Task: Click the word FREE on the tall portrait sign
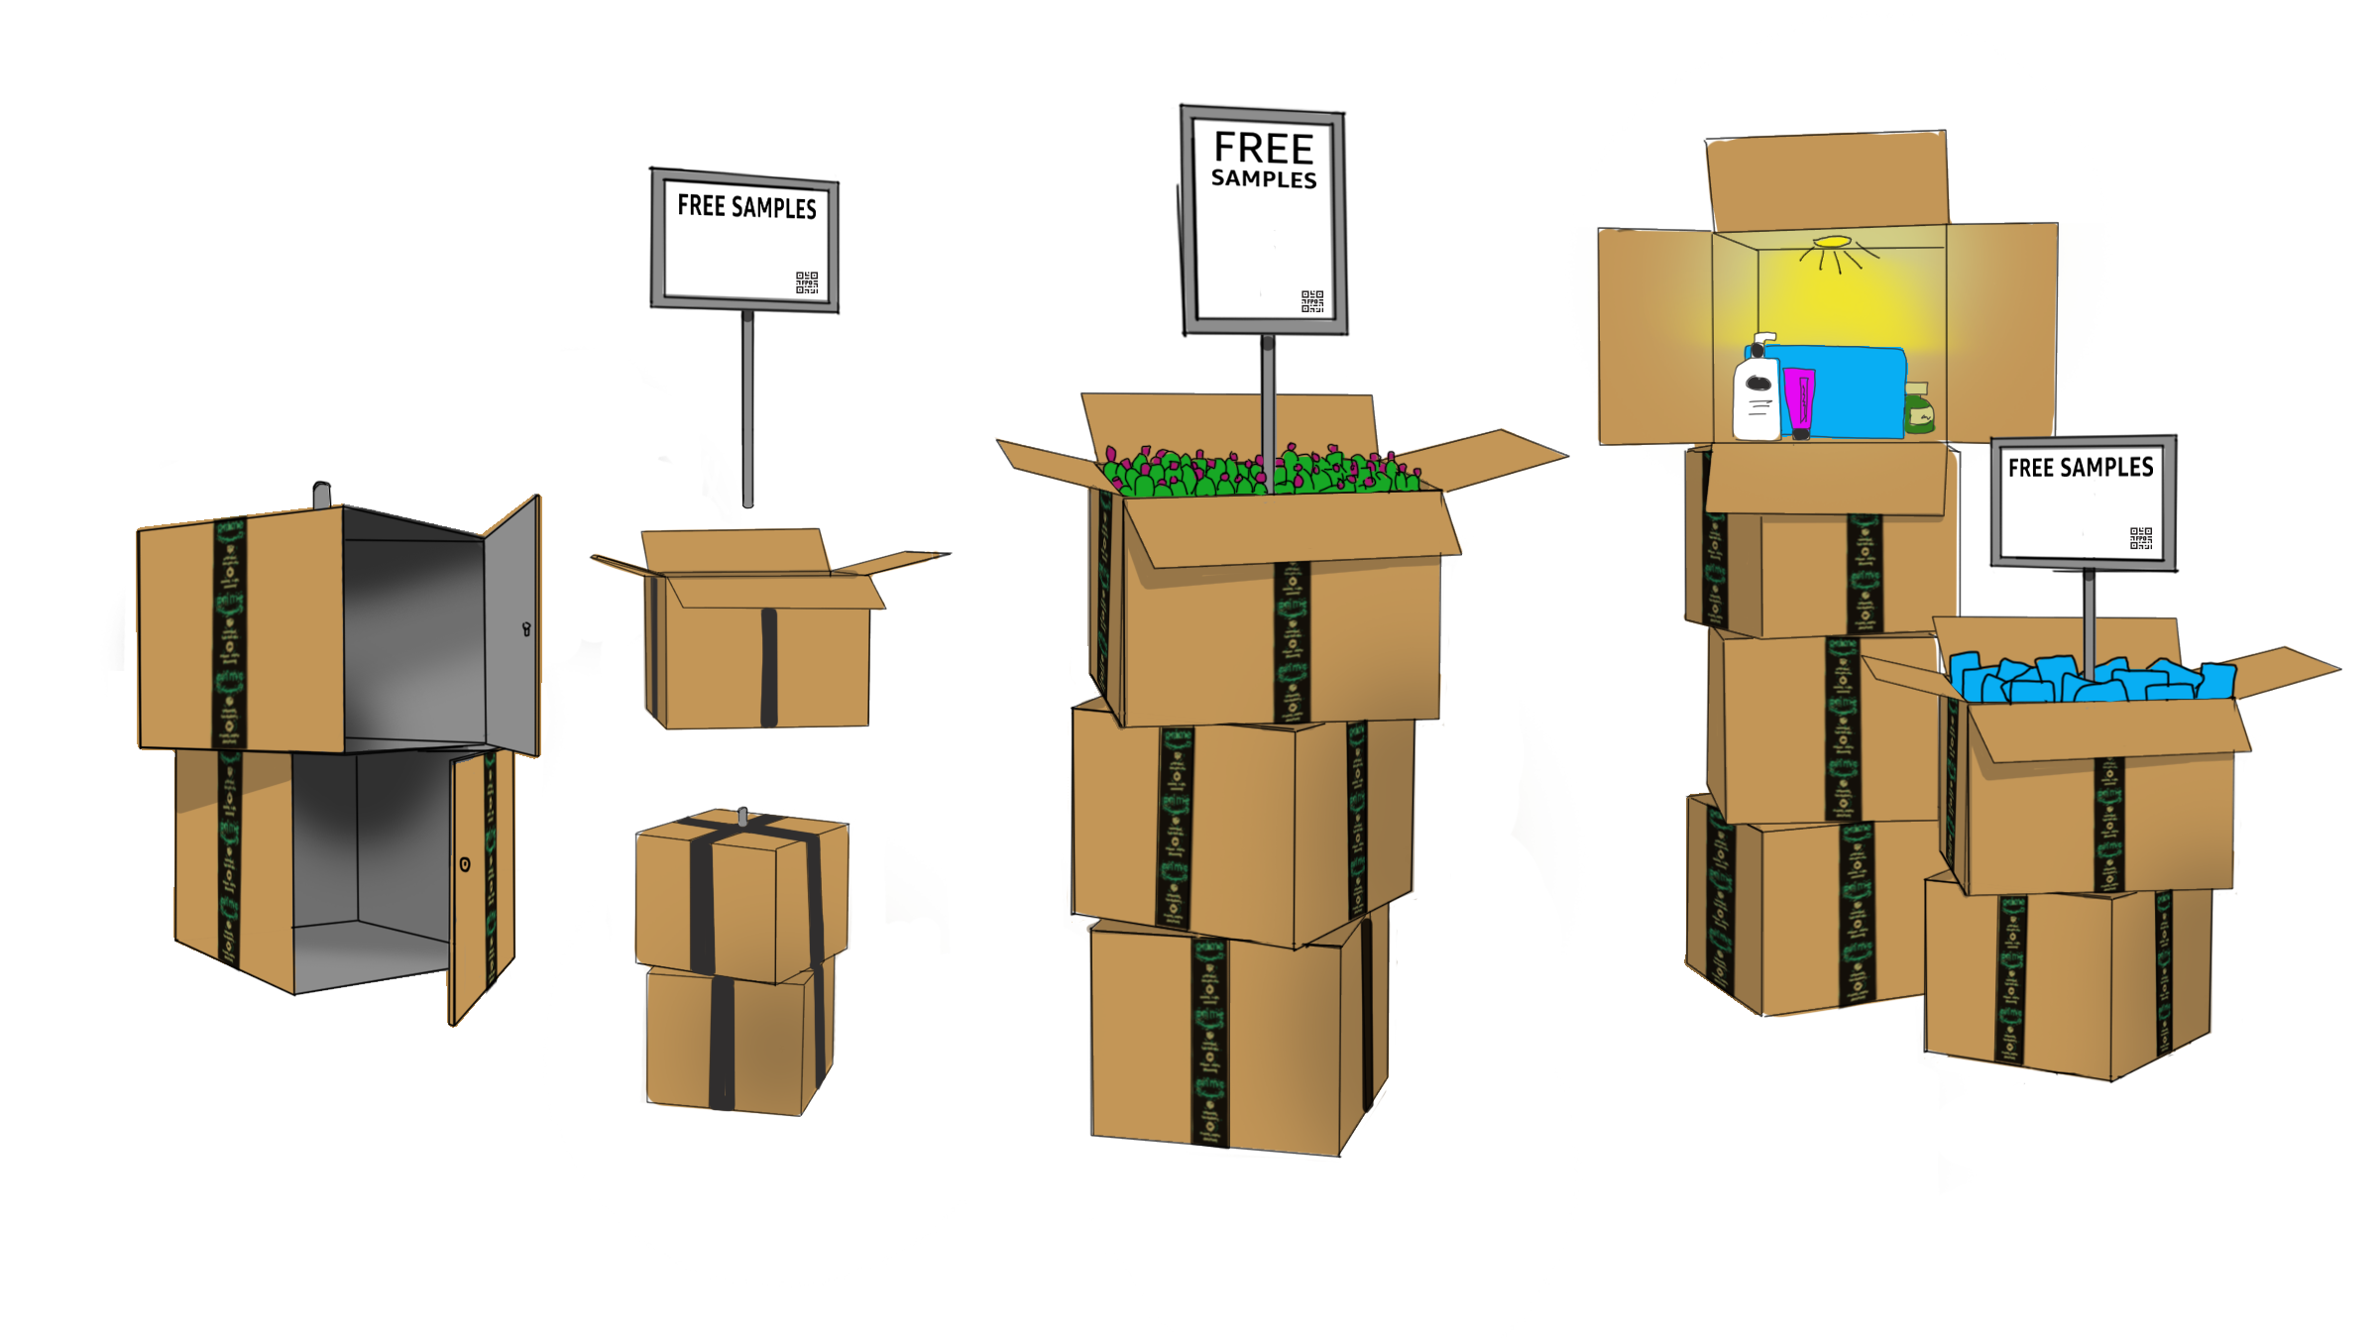point(1264,149)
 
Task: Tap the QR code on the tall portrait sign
point(1312,301)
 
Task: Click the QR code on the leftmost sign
point(807,282)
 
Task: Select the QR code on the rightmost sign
point(2141,538)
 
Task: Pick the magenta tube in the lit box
point(1800,401)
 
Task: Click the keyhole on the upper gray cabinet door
point(526,628)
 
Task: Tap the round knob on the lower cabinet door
point(465,864)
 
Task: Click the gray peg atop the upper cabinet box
point(321,494)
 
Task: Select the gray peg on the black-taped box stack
point(743,815)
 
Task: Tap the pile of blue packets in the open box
point(2092,680)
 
